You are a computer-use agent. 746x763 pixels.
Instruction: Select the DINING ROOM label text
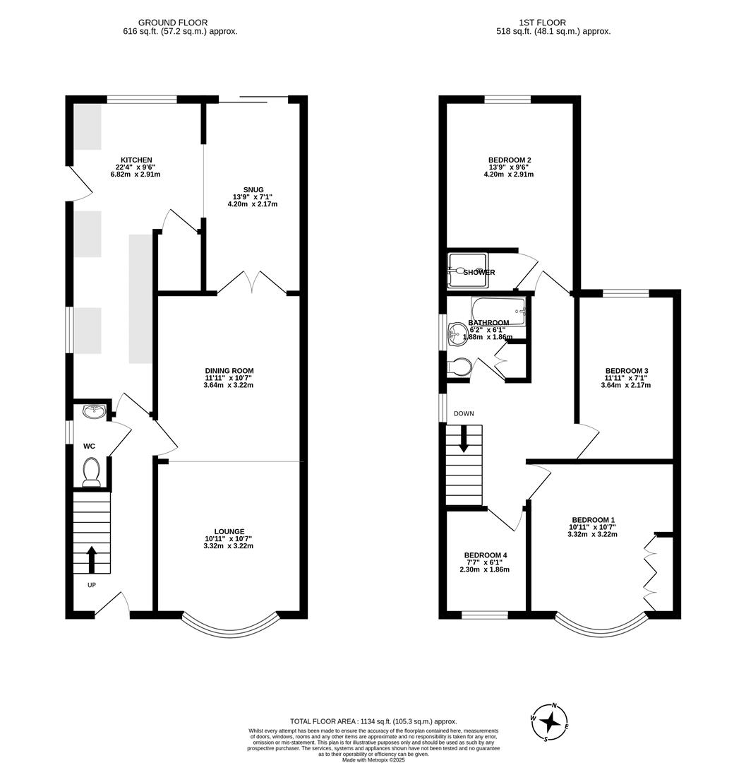tap(229, 370)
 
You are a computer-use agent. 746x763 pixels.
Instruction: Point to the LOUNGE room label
tap(229, 531)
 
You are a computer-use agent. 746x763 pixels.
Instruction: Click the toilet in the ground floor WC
tap(91, 472)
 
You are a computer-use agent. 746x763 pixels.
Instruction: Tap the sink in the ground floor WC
tap(93, 411)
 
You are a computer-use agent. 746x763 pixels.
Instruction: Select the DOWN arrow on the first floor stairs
tap(464, 439)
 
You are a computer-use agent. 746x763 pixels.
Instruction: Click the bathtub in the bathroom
tap(498, 310)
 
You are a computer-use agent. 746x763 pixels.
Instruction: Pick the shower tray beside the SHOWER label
tap(467, 271)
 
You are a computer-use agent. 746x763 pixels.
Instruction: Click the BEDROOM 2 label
tap(509, 160)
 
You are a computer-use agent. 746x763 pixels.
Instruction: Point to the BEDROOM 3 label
tap(626, 371)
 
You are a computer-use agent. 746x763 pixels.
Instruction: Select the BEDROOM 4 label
tap(484, 555)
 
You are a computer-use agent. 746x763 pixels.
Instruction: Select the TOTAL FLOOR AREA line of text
tap(373, 721)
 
